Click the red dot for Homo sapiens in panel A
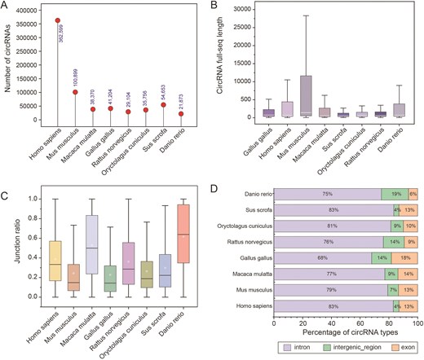pyautogui.click(x=57, y=20)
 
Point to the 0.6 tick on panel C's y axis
pyautogui.click(x=33, y=238)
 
